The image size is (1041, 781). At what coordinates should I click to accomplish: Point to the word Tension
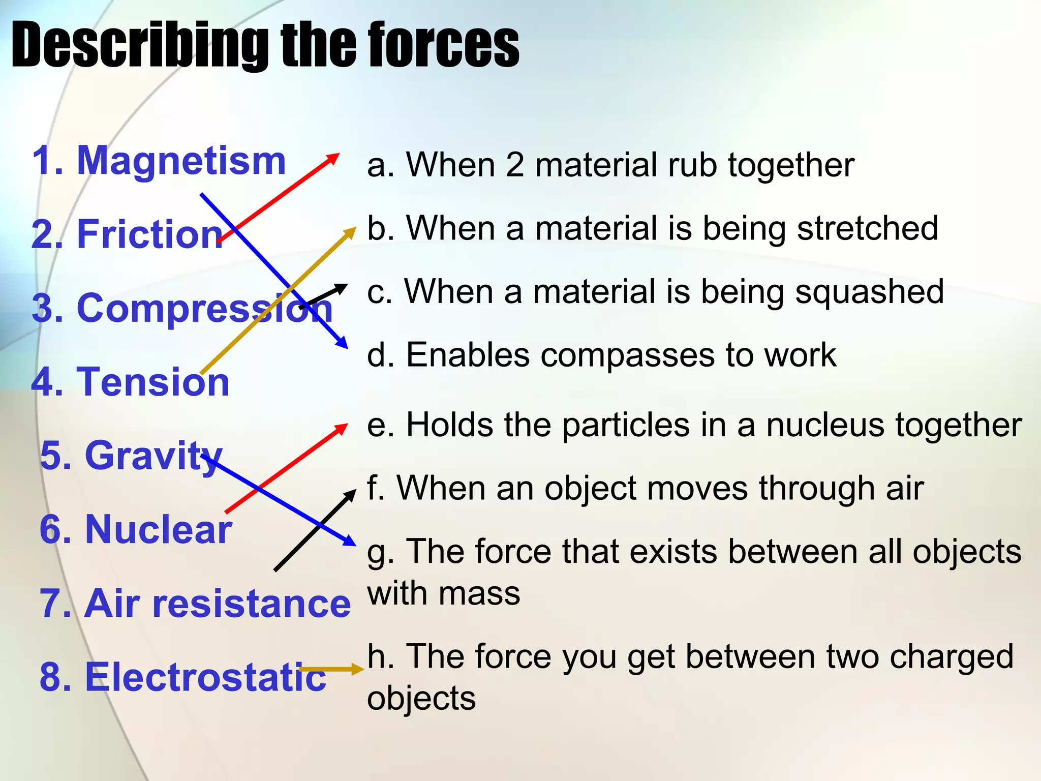(x=152, y=382)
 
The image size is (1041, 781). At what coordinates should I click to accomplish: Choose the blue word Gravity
(x=153, y=456)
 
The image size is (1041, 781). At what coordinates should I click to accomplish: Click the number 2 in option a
(x=514, y=165)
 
